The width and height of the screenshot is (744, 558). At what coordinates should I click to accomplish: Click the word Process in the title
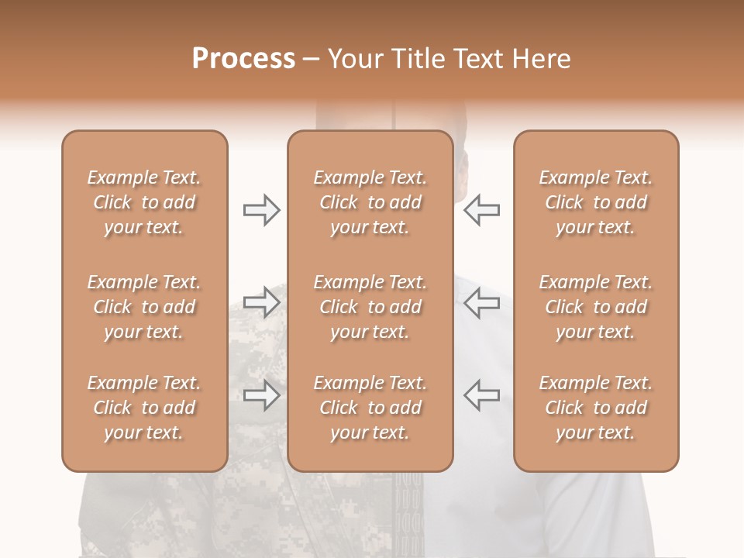point(243,59)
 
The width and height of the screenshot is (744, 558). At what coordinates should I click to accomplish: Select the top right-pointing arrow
point(262,210)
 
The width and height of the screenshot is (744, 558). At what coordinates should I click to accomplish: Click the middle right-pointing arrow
point(262,302)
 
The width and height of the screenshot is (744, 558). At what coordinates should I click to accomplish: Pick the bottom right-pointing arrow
point(262,395)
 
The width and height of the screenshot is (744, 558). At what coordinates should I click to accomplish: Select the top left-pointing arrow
point(481,210)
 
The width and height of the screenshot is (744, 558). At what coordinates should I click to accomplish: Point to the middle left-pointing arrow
point(481,302)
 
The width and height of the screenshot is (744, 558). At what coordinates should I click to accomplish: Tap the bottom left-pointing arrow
point(481,395)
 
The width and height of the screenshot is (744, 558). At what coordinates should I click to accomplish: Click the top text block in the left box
point(144,202)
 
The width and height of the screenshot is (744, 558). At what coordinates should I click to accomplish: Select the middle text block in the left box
point(144,307)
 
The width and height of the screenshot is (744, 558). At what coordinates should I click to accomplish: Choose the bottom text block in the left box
point(144,408)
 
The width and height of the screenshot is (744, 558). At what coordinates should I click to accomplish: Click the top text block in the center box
point(370,202)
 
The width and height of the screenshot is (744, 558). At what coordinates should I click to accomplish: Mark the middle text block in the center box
point(370,307)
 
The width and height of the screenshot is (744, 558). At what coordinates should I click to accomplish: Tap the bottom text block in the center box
point(370,408)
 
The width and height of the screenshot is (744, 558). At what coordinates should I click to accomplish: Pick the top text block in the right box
point(595,202)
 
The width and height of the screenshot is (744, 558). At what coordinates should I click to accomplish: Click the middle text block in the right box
point(595,307)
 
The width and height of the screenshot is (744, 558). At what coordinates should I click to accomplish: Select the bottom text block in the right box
point(595,408)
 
